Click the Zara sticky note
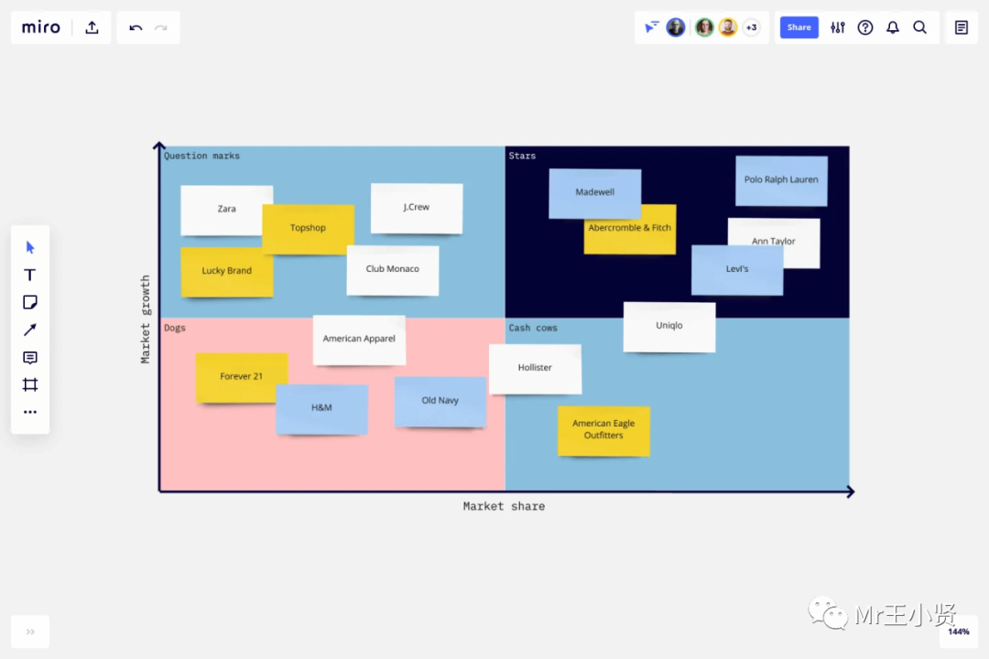226,210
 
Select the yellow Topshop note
308,228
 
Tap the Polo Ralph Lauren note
781,179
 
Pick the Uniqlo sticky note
669,326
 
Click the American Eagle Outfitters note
603,430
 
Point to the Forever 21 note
241,377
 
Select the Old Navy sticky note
440,401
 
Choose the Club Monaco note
392,269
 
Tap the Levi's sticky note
737,269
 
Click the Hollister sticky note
535,368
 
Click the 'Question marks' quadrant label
201,156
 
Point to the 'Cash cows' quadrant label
533,328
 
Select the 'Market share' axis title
504,506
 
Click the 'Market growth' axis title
146,319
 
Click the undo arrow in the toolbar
136,27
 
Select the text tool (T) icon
30,275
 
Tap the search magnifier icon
919,27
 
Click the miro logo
41,27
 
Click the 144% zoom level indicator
958,632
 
